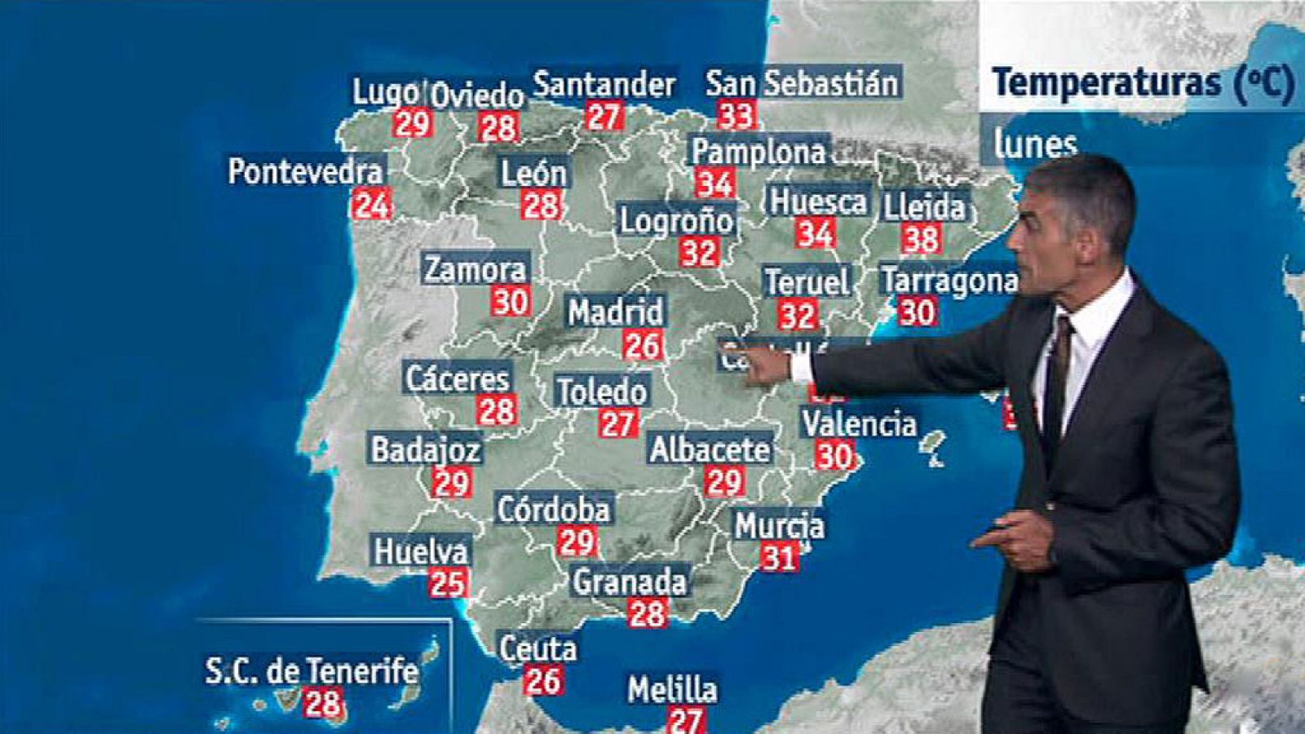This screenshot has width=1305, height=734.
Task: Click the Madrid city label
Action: (x=616, y=312)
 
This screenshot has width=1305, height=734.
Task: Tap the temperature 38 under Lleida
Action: (x=922, y=239)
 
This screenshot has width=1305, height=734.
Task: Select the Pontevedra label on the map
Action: (x=305, y=172)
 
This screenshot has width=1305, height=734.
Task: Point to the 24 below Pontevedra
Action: (x=371, y=205)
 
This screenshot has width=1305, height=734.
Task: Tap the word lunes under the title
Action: (x=1035, y=145)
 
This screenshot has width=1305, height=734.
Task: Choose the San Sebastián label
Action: (x=803, y=83)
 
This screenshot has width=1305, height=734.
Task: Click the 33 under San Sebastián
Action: (x=736, y=115)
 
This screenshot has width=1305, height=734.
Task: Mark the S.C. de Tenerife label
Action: (x=312, y=671)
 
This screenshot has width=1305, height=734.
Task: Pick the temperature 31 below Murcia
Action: (x=779, y=558)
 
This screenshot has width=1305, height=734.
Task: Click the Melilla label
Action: (x=672, y=690)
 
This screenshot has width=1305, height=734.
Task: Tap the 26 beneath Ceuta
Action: (x=543, y=680)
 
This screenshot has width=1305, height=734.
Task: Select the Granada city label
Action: (x=630, y=582)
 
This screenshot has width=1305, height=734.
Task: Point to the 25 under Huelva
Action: (x=448, y=583)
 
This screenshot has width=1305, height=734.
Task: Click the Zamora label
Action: (x=476, y=269)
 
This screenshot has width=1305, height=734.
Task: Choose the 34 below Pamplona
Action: (x=714, y=183)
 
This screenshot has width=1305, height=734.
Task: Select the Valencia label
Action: (x=859, y=424)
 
